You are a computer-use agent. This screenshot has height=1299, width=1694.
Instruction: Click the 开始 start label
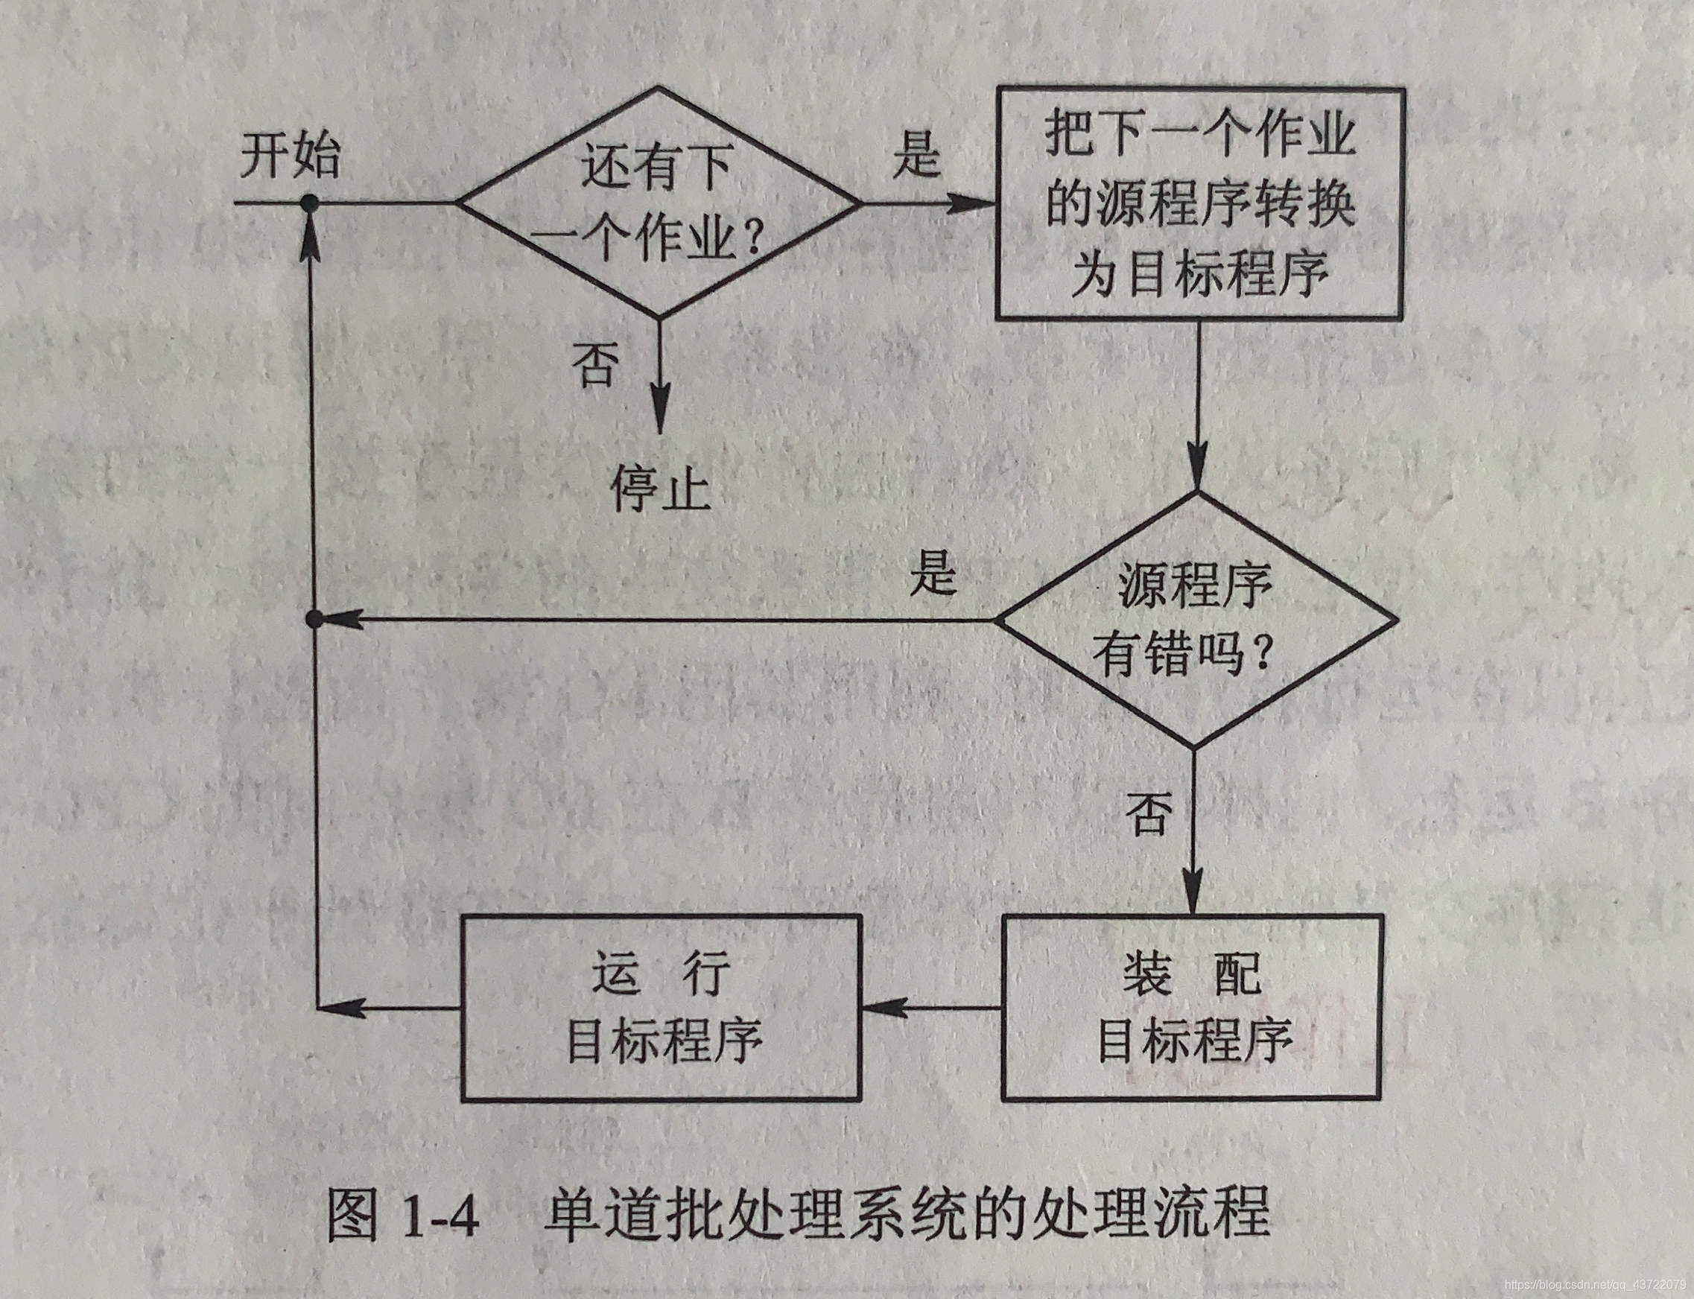point(289,157)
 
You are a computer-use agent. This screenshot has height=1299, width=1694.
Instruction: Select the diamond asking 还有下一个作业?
point(658,203)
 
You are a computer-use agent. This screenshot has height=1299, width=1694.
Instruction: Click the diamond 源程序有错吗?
point(1195,620)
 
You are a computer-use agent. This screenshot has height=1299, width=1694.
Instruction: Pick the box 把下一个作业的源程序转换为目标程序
point(1199,203)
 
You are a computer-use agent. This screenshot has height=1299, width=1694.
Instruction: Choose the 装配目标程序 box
point(1191,1008)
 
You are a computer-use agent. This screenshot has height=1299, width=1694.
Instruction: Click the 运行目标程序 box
point(661,1008)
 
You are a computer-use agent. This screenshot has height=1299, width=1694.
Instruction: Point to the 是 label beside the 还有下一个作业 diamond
point(916,155)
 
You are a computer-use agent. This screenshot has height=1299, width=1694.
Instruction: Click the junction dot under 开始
point(310,203)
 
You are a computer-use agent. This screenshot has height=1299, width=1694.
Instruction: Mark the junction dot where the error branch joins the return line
point(314,620)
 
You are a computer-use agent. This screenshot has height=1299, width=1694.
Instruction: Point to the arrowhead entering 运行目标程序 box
point(881,1008)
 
